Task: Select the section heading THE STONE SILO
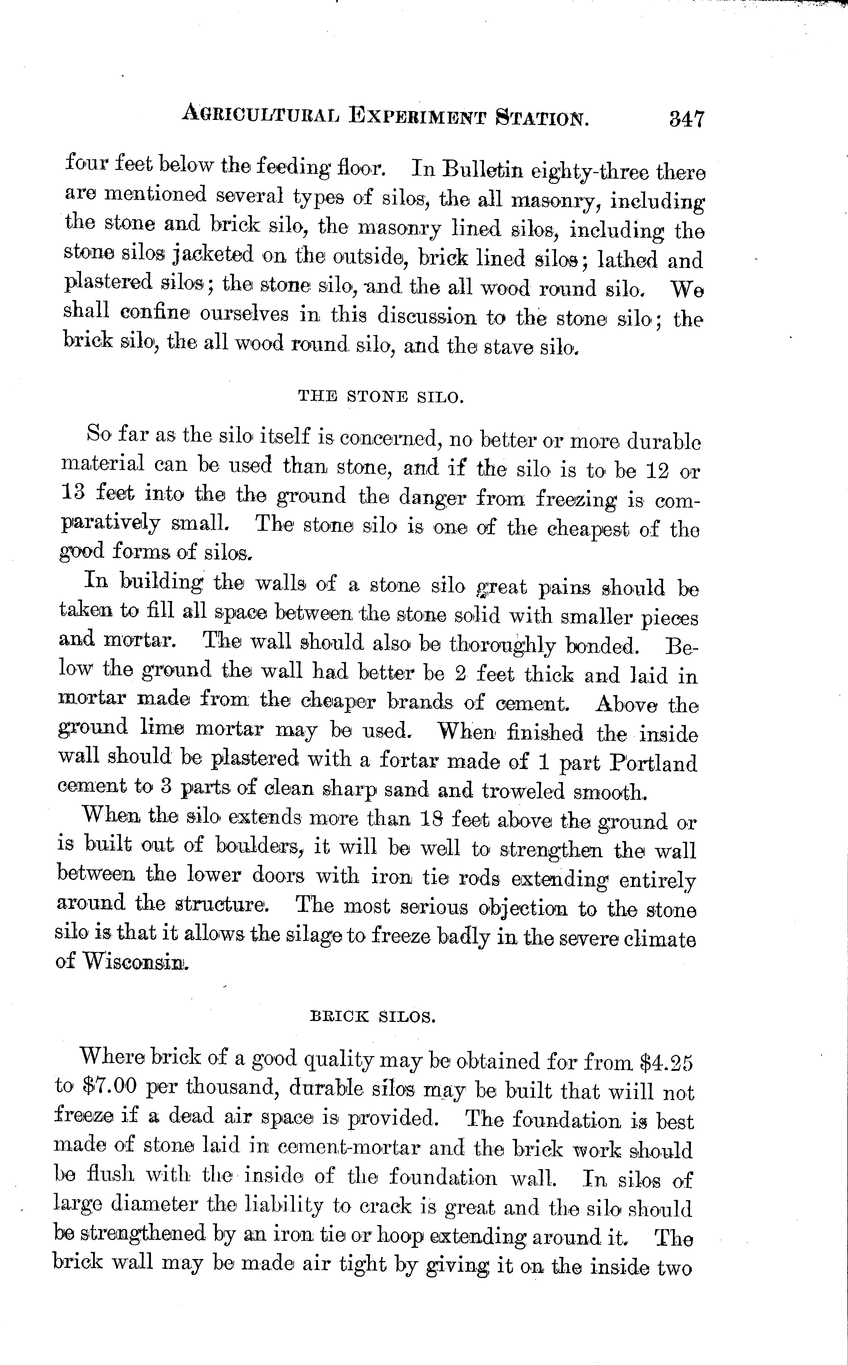pos(381,397)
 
